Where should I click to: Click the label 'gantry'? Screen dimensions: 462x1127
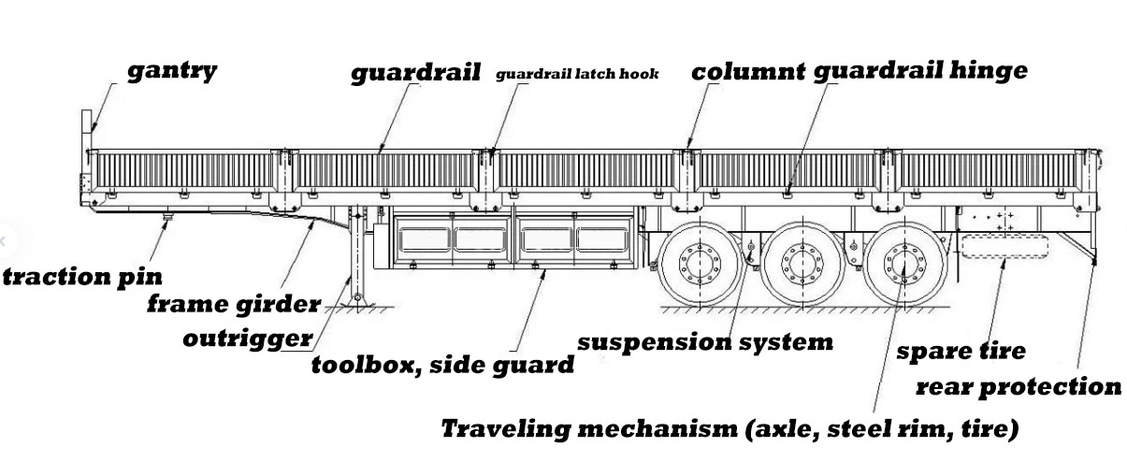171,71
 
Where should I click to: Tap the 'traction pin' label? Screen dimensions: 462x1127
82,277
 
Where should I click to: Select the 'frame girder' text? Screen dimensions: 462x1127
235,305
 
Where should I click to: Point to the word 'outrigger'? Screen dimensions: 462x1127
249,338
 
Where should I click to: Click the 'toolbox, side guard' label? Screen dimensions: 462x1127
442,365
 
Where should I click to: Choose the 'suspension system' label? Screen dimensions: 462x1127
704,341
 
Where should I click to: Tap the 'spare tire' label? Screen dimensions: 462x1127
961,352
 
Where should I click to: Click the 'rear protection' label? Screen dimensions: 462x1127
1018,386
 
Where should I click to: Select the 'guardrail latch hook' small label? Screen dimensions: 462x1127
577,74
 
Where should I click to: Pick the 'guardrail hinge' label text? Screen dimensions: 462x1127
919,71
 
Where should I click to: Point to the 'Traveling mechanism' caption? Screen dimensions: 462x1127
730,429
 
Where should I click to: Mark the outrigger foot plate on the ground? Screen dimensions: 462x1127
355,301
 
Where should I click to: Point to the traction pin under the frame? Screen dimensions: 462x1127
167,219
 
